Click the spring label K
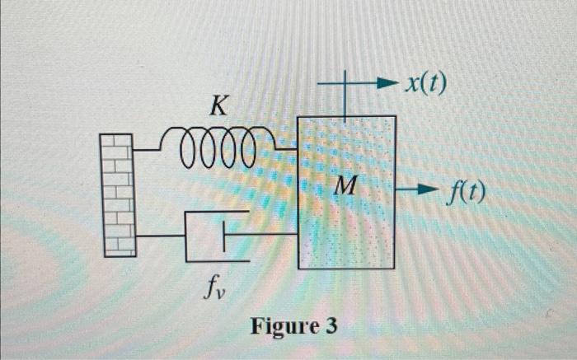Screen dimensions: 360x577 click(x=219, y=105)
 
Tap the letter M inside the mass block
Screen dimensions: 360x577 click(x=345, y=189)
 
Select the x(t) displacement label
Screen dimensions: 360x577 click(x=425, y=83)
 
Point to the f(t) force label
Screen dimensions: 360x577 click(x=467, y=193)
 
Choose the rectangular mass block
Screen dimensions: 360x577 click(x=346, y=231)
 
